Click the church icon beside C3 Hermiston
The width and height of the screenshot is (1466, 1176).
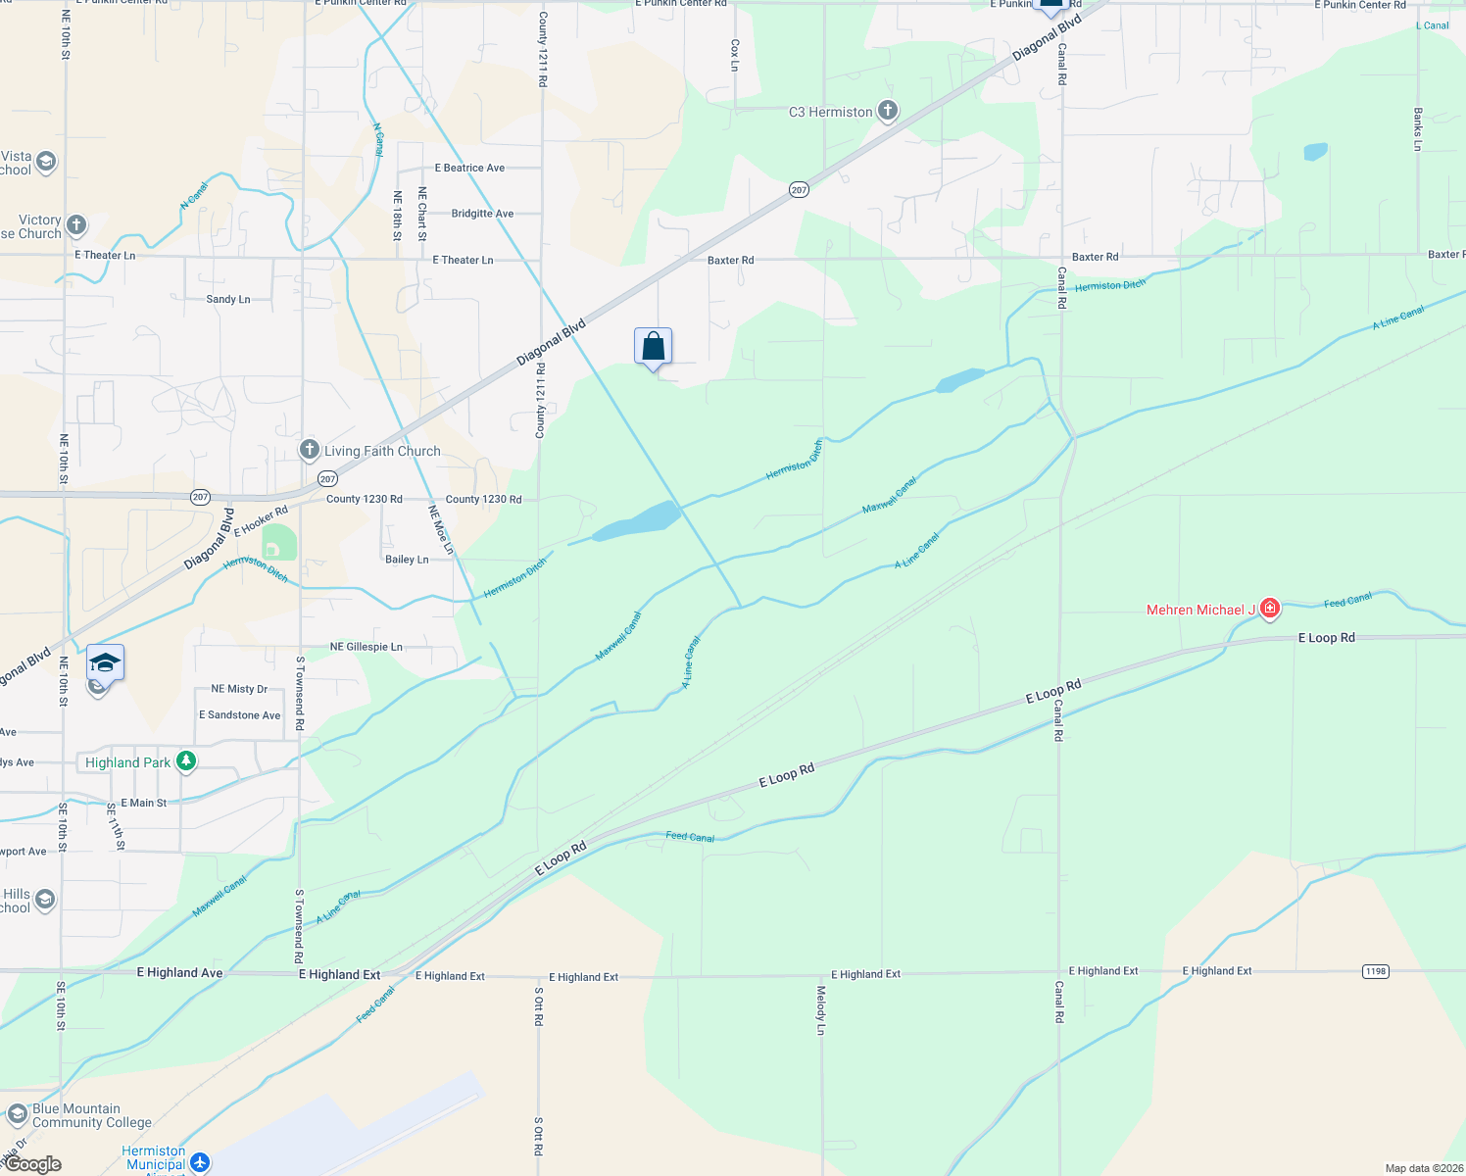[888, 111]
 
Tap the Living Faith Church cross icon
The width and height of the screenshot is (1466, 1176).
[310, 450]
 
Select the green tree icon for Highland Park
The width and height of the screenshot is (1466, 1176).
[185, 761]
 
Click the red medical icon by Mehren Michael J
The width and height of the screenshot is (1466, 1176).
[1270, 609]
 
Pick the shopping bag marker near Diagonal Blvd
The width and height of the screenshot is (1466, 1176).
[653, 347]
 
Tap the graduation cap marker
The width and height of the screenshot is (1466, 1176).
[105, 662]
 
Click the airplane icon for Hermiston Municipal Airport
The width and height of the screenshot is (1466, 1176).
[200, 1162]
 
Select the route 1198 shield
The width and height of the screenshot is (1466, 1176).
[1375, 971]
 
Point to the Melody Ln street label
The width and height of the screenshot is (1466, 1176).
[821, 1010]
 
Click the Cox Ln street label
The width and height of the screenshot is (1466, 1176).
[735, 55]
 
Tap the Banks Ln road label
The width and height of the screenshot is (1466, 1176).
[1417, 129]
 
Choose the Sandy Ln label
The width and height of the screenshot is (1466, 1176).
[228, 299]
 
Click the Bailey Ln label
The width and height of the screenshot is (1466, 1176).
[407, 560]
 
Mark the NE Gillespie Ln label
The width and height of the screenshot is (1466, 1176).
[366, 647]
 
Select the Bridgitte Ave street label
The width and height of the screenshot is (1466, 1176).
[482, 214]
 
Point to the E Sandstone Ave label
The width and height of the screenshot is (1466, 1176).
[240, 715]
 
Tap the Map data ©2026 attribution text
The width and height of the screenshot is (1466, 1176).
[1421, 1168]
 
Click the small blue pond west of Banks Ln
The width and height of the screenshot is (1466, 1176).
[1315, 152]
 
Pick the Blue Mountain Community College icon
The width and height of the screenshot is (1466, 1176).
[17, 1114]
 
